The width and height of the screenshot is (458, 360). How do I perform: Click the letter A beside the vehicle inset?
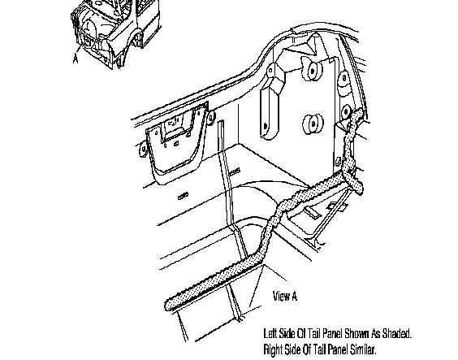pyautogui.click(x=76, y=59)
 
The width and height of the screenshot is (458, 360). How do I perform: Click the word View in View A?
pyautogui.click(x=281, y=296)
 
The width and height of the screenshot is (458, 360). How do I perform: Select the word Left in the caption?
pyautogui.click(x=270, y=333)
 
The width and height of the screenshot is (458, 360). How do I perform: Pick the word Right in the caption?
pyautogui.click(x=273, y=349)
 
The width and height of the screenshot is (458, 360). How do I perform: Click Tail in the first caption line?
pyautogui.click(x=313, y=333)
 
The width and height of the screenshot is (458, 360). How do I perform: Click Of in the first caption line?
pyautogui.click(x=301, y=333)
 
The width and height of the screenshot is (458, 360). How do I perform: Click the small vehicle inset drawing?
pyautogui.click(x=115, y=33)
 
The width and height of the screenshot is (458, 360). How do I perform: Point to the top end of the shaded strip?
pyautogui.click(x=359, y=112)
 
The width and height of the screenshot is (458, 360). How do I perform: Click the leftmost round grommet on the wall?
pyautogui.click(x=144, y=149)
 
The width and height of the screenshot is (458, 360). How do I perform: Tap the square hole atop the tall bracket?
pyautogui.click(x=270, y=70)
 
